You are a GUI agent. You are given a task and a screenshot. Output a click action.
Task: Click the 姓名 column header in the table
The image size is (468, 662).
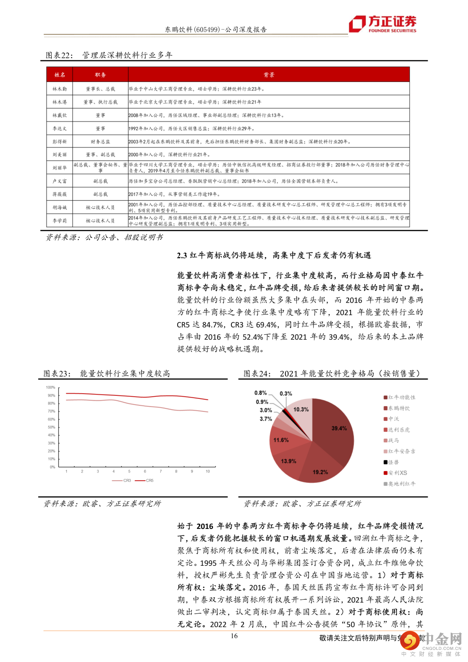tap(60, 75)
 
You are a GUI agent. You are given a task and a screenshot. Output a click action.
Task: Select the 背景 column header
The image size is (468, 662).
tap(269, 75)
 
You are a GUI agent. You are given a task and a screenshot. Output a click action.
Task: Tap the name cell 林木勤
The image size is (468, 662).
tap(60, 89)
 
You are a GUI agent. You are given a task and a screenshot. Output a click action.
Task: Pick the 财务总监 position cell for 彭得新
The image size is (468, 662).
tap(101, 142)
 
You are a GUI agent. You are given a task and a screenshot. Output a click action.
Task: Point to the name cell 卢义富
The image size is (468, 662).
tap(60, 181)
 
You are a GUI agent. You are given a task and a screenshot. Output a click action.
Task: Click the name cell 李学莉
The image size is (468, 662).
tap(60, 221)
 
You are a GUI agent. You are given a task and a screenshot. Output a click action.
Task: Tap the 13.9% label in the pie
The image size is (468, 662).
tap(289, 461)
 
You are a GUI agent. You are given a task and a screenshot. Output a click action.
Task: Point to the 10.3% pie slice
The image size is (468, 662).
tap(301, 409)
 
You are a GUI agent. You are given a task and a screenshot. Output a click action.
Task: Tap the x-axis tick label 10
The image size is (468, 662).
tap(208, 471)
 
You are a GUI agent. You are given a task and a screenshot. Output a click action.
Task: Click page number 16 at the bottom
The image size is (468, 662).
tap(234, 636)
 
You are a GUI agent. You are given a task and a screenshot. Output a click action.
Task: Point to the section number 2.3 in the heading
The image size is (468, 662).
tap(182, 255)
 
